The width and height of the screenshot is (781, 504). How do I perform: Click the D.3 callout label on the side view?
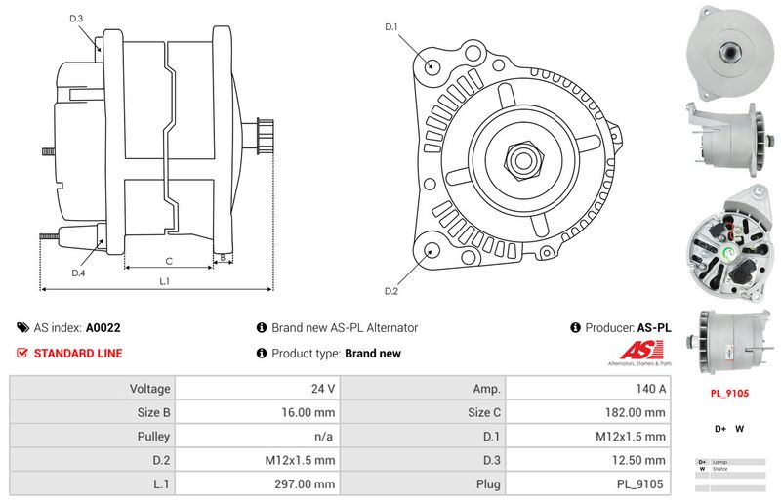pyautogui.click(x=76, y=19)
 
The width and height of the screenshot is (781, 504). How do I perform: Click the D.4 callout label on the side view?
pyautogui.click(x=78, y=273)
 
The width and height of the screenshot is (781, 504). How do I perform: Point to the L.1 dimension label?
pyautogui.click(x=165, y=281)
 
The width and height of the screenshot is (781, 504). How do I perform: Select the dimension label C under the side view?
pyautogui.click(x=169, y=261)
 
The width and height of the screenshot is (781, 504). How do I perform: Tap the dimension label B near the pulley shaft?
pyautogui.click(x=224, y=259)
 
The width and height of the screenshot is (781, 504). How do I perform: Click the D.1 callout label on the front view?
pyautogui.click(x=391, y=26)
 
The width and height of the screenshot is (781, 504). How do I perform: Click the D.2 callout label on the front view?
pyautogui.click(x=391, y=291)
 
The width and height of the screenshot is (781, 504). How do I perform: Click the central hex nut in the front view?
pyautogui.click(x=518, y=157)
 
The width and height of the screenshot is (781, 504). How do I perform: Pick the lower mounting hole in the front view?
pyautogui.click(x=431, y=251)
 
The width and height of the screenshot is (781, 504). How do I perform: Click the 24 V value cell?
pyautogui.click(x=259, y=388)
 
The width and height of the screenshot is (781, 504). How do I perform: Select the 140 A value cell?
pyautogui.click(x=590, y=388)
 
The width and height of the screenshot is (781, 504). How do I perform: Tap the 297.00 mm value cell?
pyautogui.click(x=259, y=483)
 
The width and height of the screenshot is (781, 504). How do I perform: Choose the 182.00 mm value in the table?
pyautogui.click(x=590, y=412)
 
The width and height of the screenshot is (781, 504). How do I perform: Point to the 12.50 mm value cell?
pyautogui.click(x=590, y=460)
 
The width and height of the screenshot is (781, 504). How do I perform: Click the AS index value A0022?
pyautogui.click(x=103, y=328)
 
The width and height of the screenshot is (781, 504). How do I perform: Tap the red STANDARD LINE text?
pyautogui.click(x=78, y=354)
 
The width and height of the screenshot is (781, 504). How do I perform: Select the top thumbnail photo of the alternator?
pyautogui.click(x=728, y=49)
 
